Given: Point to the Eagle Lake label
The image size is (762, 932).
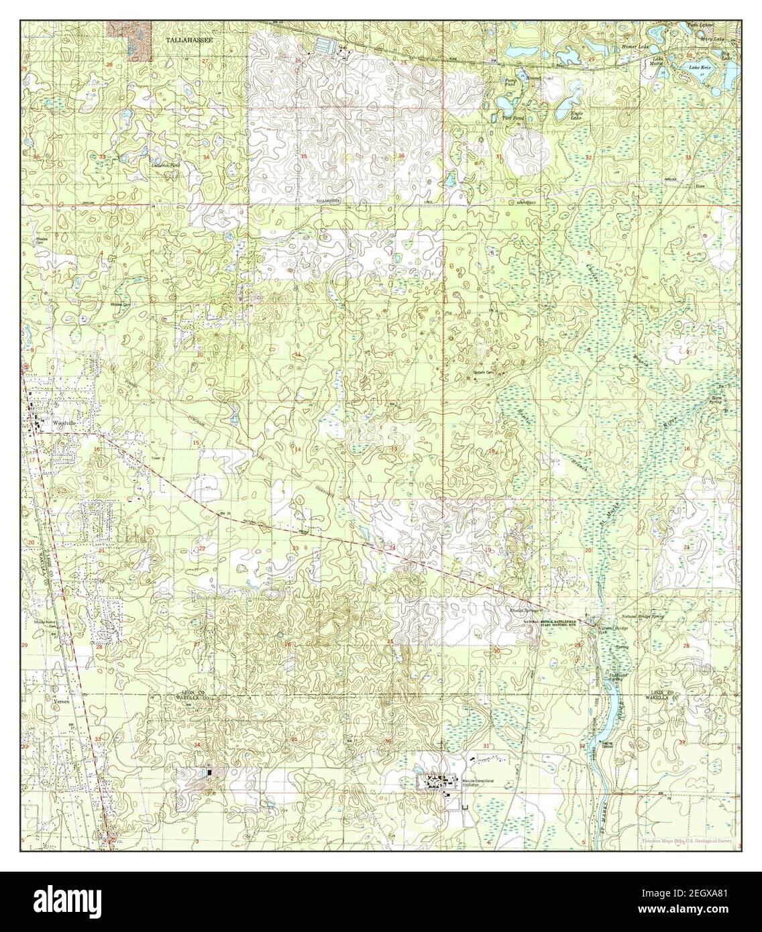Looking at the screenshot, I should (x=576, y=115).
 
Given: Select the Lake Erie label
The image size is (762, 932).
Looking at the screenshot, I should (x=700, y=68).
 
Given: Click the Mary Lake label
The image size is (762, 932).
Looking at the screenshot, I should (x=714, y=40).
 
